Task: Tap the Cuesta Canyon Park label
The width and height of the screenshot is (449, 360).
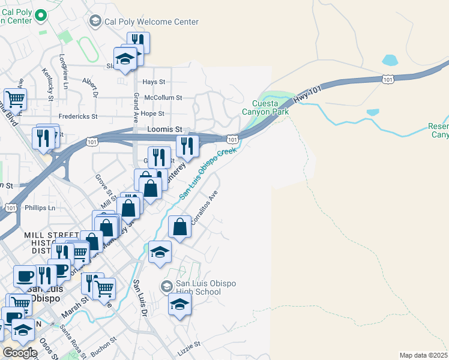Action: (265, 107)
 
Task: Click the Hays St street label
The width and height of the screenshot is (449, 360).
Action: (154, 82)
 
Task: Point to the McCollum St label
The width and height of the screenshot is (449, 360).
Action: (162, 97)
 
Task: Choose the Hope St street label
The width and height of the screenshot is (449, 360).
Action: (152, 113)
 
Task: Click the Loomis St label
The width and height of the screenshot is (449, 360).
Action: (164, 129)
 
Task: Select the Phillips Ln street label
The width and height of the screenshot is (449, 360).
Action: (40, 208)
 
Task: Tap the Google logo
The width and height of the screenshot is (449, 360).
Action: (19, 353)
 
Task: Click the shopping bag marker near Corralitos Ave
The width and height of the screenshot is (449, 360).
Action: (180, 227)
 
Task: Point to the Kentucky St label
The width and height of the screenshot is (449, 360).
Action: (47, 80)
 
